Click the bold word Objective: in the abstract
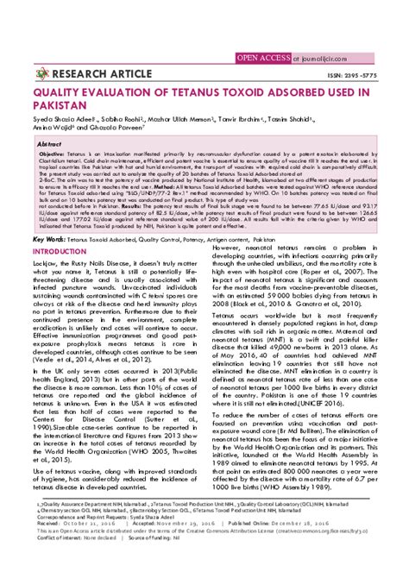(x=57, y=152)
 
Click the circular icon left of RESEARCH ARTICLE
(x=41, y=72)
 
